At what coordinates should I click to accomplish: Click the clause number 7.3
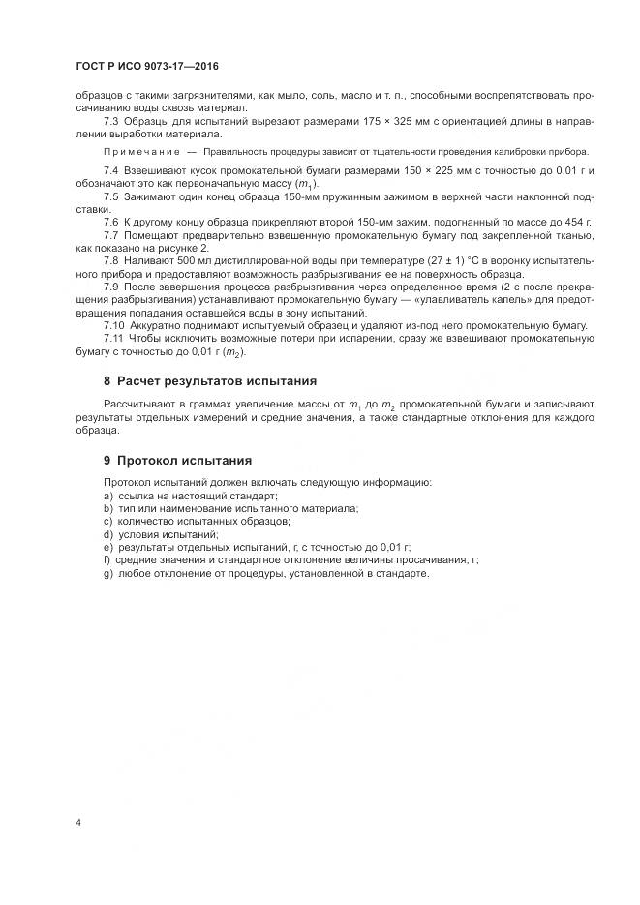point(109,122)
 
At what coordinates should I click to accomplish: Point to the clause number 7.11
point(112,338)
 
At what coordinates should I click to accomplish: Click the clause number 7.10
point(112,325)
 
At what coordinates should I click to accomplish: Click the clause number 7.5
point(109,197)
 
